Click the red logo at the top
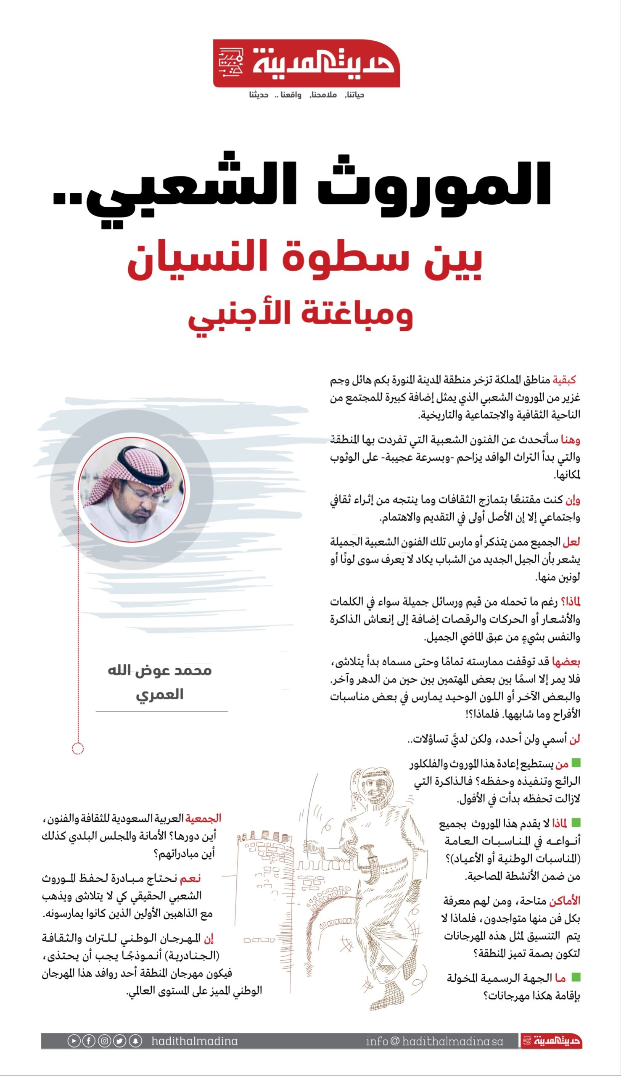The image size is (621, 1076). pyautogui.click(x=306, y=63)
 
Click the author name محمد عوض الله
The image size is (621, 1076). pyautogui.click(x=159, y=670)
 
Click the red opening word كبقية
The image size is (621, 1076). pyautogui.click(x=564, y=380)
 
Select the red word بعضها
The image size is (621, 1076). pyautogui.click(x=566, y=662)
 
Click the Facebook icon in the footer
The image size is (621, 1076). pyautogui.click(x=89, y=1041)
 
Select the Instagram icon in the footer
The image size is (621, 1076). pyautogui.click(x=105, y=1041)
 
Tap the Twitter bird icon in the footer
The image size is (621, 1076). pyautogui.click(x=120, y=1041)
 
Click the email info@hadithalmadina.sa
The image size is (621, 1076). pyautogui.click(x=434, y=1041)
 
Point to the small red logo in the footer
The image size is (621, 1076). pyautogui.click(x=552, y=1041)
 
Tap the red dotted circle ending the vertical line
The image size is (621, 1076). pyautogui.click(x=78, y=748)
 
